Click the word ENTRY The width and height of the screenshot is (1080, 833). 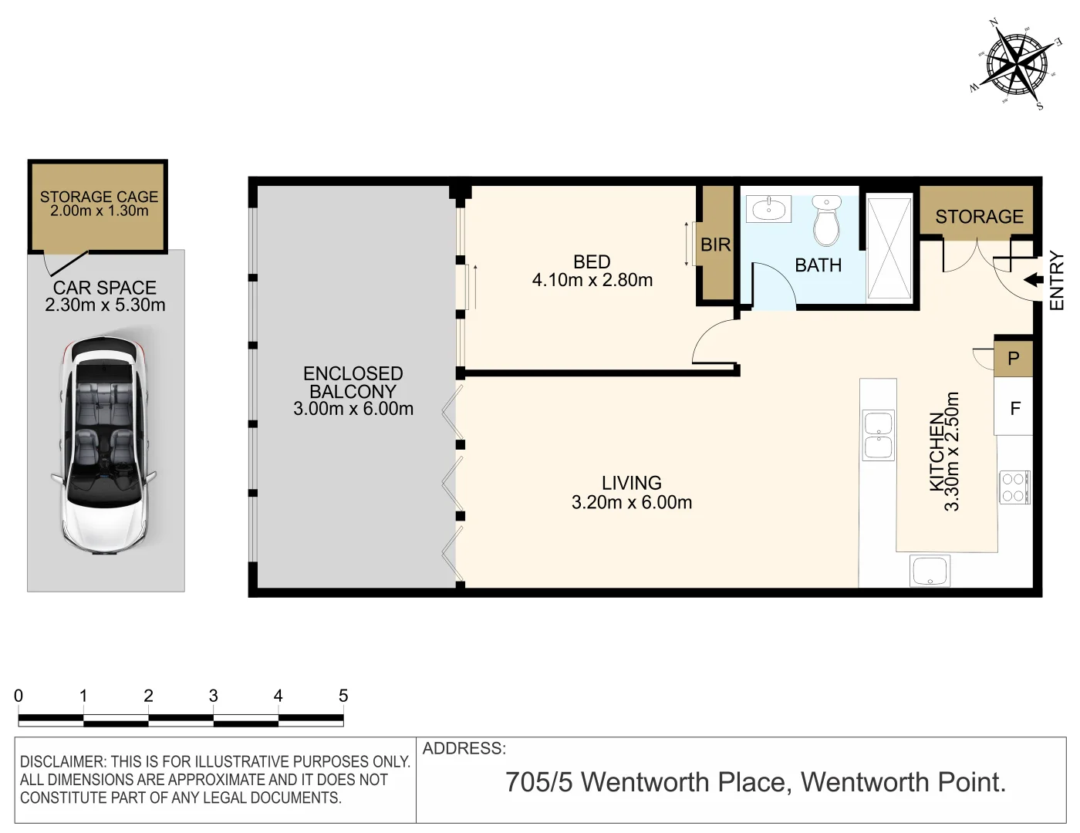(1057, 281)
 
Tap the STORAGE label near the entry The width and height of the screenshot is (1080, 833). (979, 217)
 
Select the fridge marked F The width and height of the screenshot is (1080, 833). (1014, 408)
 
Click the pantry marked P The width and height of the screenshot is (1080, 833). (1013, 359)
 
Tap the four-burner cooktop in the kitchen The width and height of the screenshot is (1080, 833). (1013, 487)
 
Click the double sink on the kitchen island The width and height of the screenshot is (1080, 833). (879, 435)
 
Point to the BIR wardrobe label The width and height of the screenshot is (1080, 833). (715, 245)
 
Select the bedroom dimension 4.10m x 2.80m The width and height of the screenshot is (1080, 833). (592, 281)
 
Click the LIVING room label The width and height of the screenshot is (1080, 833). (631, 483)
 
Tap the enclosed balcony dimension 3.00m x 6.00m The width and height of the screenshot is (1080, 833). (353, 409)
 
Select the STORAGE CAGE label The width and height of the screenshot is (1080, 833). (99, 197)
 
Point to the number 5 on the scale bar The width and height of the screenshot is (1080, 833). (343, 696)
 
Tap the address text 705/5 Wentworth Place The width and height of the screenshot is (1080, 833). (646, 782)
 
